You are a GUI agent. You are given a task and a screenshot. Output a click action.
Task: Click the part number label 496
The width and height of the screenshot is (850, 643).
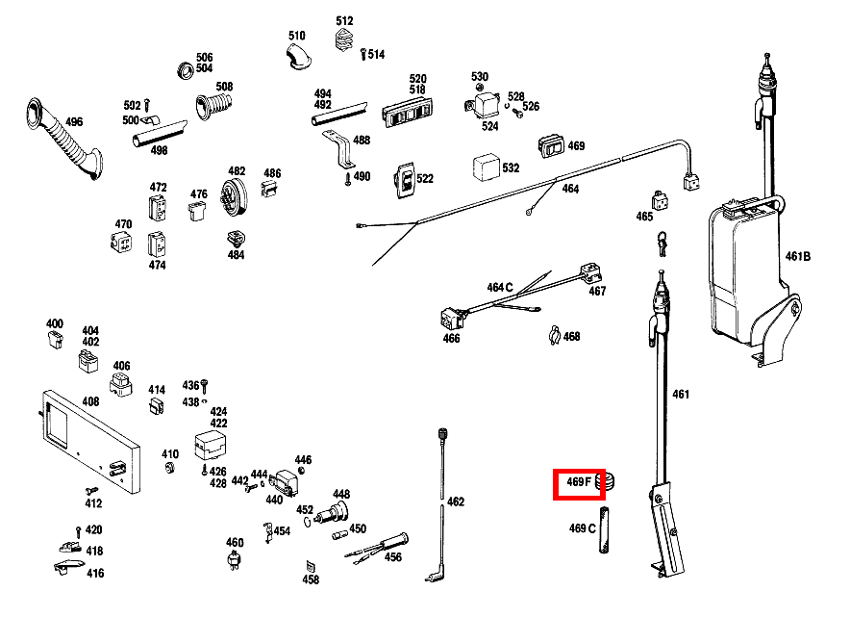[x=73, y=122]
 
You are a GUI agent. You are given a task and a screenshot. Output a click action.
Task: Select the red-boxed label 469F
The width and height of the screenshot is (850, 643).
[x=578, y=482]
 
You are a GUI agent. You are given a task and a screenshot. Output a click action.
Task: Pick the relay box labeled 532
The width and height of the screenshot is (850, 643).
[x=485, y=168]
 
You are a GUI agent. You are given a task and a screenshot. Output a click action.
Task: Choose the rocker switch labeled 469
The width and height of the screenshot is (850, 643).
[x=551, y=146]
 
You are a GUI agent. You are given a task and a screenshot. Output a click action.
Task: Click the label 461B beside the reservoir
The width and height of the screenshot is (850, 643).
[x=798, y=256]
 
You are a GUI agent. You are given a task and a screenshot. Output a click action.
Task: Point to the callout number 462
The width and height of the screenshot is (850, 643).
[x=455, y=502]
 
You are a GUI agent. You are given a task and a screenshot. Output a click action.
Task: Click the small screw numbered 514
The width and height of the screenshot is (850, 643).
[x=362, y=55]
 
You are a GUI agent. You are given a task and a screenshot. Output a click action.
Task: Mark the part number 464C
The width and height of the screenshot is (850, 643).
[x=499, y=287]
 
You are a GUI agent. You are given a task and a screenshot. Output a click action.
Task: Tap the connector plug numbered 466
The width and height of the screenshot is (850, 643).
[x=449, y=317]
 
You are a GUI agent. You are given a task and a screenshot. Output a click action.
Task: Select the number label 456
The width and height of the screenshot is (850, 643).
[x=393, y=556]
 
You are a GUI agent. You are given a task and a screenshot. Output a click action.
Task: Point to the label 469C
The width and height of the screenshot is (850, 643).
[x=583, y=528]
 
